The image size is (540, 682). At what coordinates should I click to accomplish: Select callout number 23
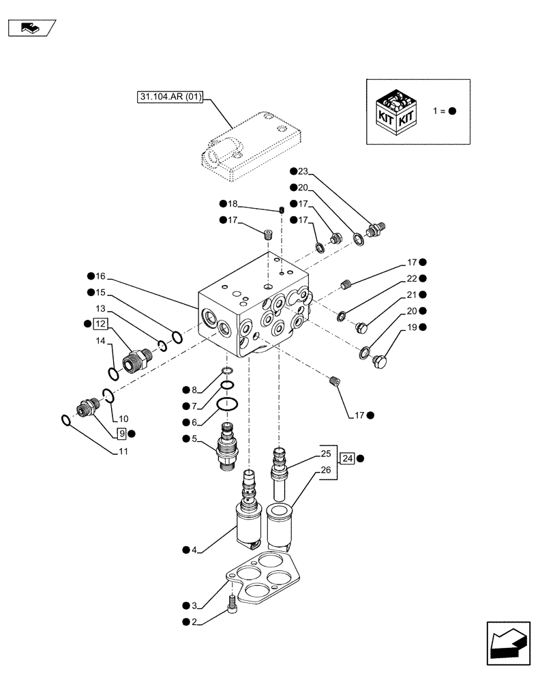303,172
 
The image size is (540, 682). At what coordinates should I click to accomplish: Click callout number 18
232,204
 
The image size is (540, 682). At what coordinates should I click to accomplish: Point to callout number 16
100,276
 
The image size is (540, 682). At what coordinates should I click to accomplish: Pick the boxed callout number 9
121,433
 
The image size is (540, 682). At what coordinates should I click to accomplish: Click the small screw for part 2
233,602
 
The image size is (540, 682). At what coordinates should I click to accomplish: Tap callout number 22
411,278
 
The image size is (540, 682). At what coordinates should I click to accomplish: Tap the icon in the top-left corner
30,28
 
